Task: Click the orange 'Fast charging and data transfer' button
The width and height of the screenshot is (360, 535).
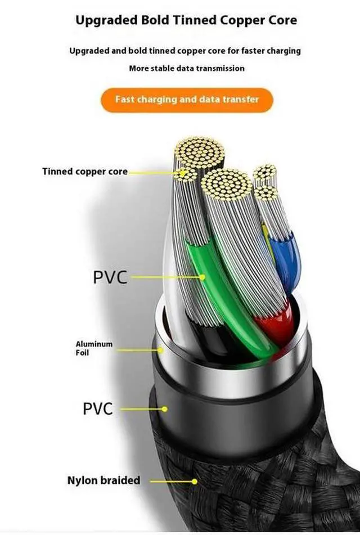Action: coord(187,100)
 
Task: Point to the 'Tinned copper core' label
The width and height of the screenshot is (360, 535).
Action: coord(84,171)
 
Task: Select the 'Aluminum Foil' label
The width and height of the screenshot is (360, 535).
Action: coord(94,348)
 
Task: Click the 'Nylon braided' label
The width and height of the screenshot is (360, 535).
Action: coord(103,480)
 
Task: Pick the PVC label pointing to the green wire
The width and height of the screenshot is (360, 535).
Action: coord(110,277)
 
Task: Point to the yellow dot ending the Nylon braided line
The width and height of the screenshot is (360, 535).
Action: coord(195,482)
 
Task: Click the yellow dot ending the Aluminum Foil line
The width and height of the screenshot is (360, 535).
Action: coord(161,349)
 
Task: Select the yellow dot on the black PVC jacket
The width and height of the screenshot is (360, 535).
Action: coord(165,409)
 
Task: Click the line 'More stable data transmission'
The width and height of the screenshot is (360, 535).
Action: coord(187,68)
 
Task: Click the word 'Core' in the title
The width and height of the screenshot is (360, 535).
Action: coord(283,21)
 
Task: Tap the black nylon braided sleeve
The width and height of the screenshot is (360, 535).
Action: coord(253,484)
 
